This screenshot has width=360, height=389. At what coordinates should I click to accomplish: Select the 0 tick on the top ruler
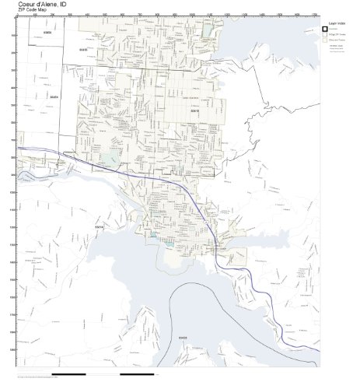coord(18,16)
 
